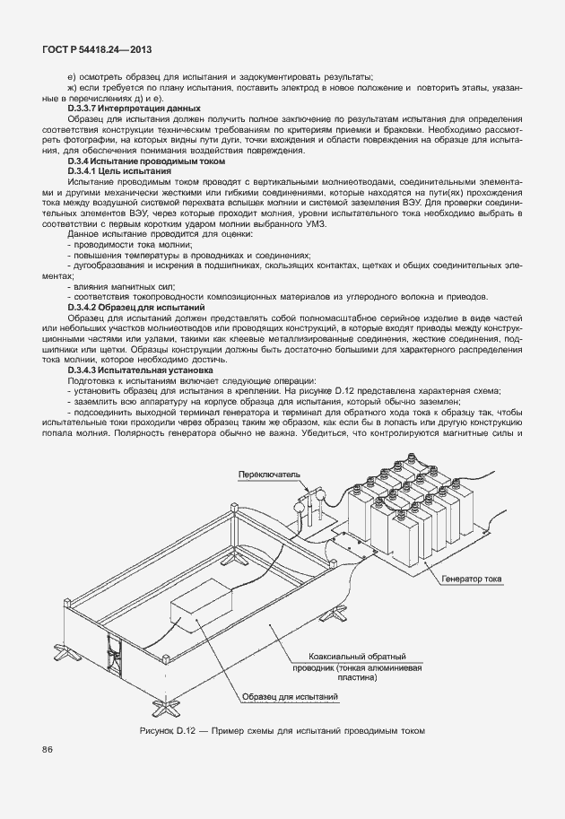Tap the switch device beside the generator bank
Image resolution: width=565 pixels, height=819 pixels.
pyautogui.click(x=308, y=511)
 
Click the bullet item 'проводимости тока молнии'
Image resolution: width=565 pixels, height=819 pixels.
pyautogui.click(x=122, y=244)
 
